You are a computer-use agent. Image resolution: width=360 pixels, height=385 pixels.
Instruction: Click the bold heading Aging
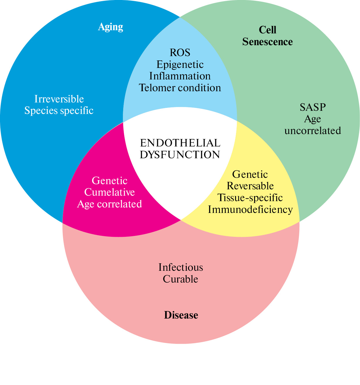click(x=111, y=27)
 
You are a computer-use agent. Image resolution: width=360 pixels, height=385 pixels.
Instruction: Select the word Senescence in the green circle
click(x=267, y=42)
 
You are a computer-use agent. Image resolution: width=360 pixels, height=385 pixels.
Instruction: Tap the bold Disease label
click(x=181, y=315)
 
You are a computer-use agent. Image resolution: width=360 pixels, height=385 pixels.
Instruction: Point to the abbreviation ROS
click(x=180, y=53)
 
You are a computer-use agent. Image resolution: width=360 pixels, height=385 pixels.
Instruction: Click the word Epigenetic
click(x=180, y=64)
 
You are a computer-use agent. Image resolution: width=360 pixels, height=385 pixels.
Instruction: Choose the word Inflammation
click(x=180, y=76)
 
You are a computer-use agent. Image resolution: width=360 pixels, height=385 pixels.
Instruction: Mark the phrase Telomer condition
click(x=180, y=88)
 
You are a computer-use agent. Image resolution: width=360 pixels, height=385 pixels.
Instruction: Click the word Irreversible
click(x=59, y=99)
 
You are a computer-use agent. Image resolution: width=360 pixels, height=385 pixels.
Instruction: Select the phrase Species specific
click(x=59, y=110)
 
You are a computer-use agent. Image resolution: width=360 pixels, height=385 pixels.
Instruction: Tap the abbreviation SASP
click(x=313, y=107)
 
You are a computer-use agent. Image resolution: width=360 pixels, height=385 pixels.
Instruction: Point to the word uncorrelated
click(x=313, y=131)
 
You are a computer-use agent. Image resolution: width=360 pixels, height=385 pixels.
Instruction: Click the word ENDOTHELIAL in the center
click(x=180, y=143)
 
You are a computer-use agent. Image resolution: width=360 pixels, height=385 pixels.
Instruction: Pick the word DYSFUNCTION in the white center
click(x=180, y=155)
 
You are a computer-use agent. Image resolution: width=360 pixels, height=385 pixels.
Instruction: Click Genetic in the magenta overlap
click(x=109, y=181)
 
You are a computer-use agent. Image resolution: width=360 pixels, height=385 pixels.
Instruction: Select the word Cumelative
click(x=109, y=192)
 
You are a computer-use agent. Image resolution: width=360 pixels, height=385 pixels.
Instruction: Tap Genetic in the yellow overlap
click(x=250, y=174)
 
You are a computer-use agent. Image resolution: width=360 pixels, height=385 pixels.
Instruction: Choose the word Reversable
click(x=250, y=186)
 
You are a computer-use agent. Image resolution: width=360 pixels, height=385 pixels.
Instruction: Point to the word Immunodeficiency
click(x=250, y=209)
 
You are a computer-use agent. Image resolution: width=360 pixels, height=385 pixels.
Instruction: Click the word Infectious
click(x=181, y=268)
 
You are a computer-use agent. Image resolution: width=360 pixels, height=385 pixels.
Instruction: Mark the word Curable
click(x=180, y=279)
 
